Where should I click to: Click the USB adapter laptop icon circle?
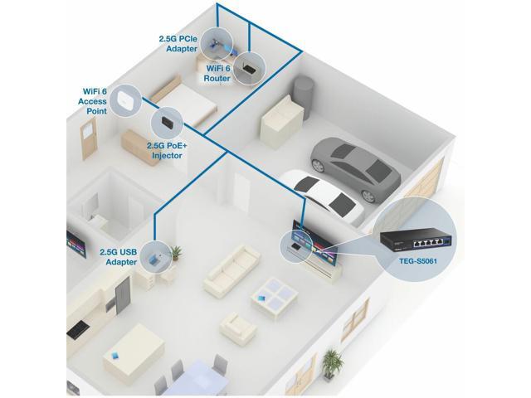pos(156,256)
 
